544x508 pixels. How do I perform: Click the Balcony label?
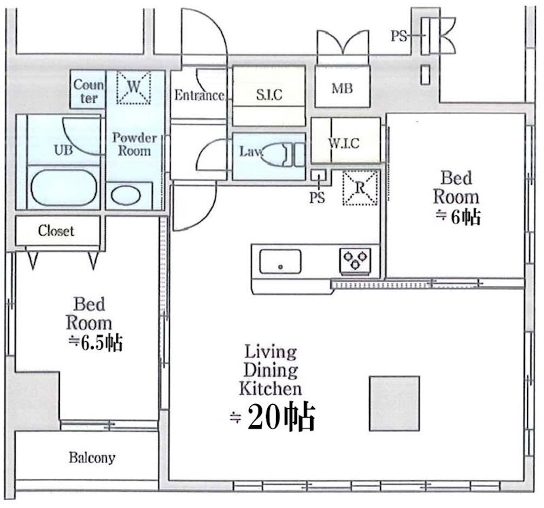[92, 458]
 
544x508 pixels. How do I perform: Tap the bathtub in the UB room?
[63, 187]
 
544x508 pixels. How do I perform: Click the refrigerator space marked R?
[360, 188]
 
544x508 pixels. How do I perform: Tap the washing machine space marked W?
[133, 88]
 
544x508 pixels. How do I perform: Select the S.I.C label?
[269, 94]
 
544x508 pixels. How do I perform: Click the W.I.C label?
[344, 143]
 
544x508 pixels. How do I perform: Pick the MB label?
[342, 88]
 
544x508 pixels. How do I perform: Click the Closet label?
[56, 231]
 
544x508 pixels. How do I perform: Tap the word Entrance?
[199, 95]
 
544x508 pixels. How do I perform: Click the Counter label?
[88, 91]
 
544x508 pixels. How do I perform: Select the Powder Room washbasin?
[126, 195]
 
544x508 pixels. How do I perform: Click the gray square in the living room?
[394, 403]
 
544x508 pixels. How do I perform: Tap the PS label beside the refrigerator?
[317, 198]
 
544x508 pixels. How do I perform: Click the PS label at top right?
[398, 36]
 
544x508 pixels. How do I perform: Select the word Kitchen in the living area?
[270, 388]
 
